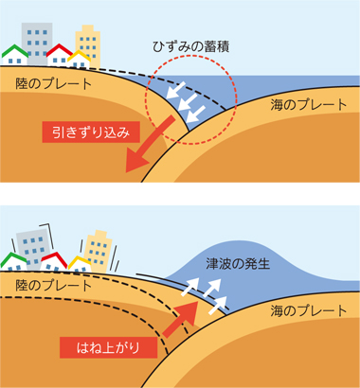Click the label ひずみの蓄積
tap(190, 46)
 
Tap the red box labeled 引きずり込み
tap(91, 132)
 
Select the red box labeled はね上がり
tap(108, 347)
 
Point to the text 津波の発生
tap(238, 264)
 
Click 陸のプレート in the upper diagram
tap(54, 83)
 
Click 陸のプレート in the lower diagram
tap(54, 286)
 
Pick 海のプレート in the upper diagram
tap(309, 105)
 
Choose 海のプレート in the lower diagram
tap(309, 310)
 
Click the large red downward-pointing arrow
tap(149, 145)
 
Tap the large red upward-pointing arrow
tap(182, 318)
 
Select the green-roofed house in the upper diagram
tap(15, 55)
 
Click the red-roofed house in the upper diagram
tap(60, 55)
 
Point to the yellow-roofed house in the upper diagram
tap(79, 60)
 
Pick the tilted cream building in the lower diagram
tap(99, 251)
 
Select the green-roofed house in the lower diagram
tap(13, 262)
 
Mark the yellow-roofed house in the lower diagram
tap(80, 264)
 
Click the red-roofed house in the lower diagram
tap(54, 262)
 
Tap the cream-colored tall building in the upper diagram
tap(88, 44)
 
